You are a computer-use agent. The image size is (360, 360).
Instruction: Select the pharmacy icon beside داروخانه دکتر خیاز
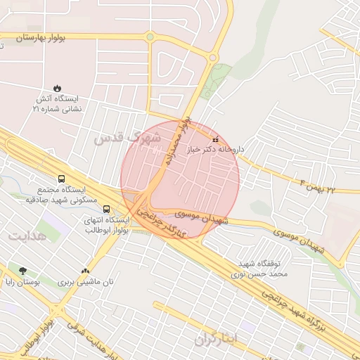coord(215,140)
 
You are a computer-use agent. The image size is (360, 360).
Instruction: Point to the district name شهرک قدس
coord(128,139)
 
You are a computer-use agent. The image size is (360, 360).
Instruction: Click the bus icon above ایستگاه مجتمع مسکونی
coord(62,179)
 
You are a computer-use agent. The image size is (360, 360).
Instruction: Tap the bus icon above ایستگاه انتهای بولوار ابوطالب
coord(106,209)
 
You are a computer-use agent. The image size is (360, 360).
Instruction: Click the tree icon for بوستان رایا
coord(24,271)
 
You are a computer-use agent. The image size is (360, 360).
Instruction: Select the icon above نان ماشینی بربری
coord(86,271)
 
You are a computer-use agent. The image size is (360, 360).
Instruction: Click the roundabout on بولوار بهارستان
coord(149,37)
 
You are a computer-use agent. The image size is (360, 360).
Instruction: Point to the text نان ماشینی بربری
coord(85,282)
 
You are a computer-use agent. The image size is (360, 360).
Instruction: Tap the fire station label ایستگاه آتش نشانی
coord(58,104)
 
